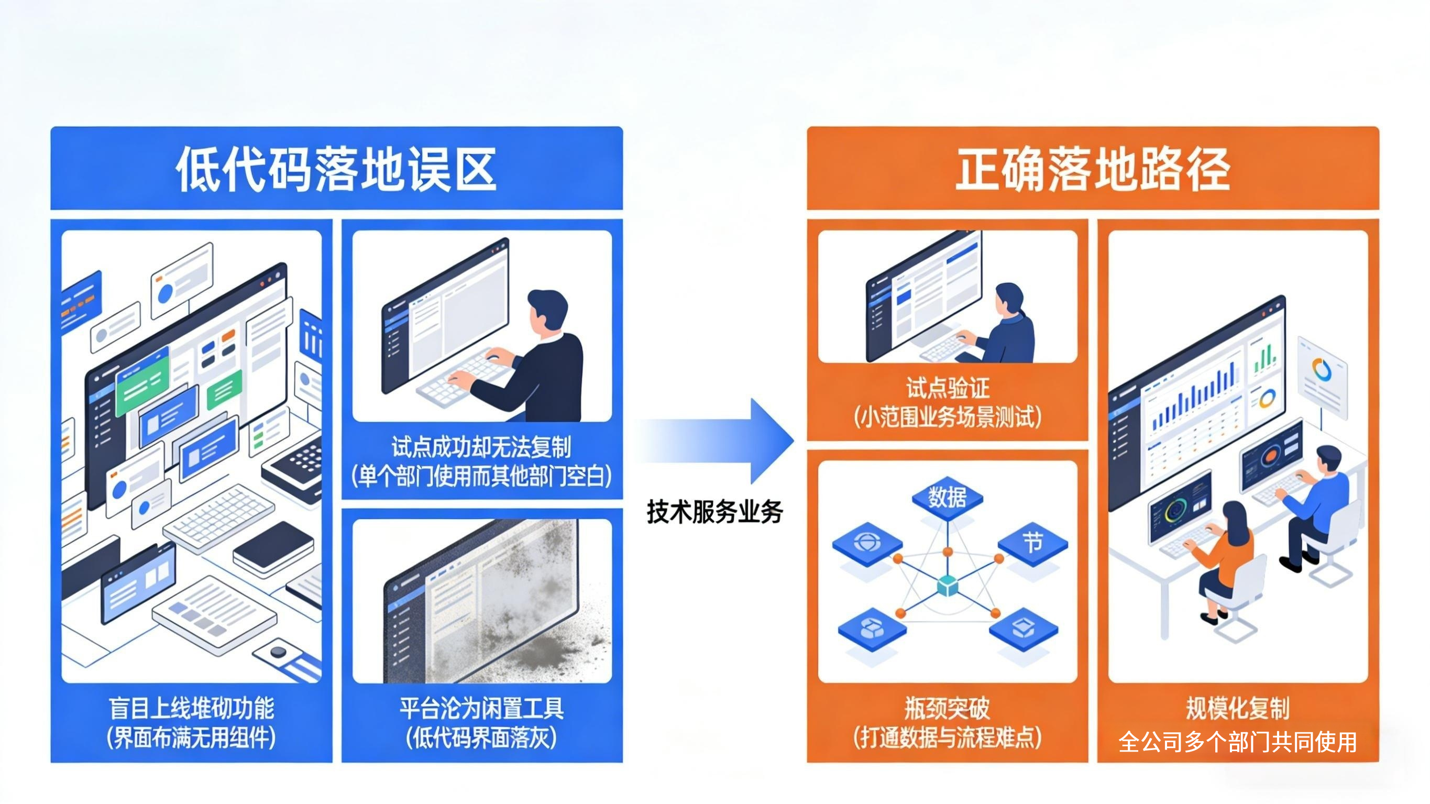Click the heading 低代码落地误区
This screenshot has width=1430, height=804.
pos(336,169)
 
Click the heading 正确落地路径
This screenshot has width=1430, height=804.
pos(1093,169)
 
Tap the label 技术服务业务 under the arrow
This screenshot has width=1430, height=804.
pos(714,511)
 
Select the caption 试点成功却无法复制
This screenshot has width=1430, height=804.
pos(481,447)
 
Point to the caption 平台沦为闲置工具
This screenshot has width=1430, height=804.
pos(481,709)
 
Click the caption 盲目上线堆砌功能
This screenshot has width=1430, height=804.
pos(191,709)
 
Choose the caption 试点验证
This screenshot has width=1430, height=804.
pos(947,388)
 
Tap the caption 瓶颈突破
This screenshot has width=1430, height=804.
pos(947,709)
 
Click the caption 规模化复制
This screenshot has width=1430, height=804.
pos(1237,709)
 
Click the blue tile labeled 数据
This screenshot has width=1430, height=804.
pos(947,497)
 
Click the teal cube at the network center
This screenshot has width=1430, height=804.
pos(947,586)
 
